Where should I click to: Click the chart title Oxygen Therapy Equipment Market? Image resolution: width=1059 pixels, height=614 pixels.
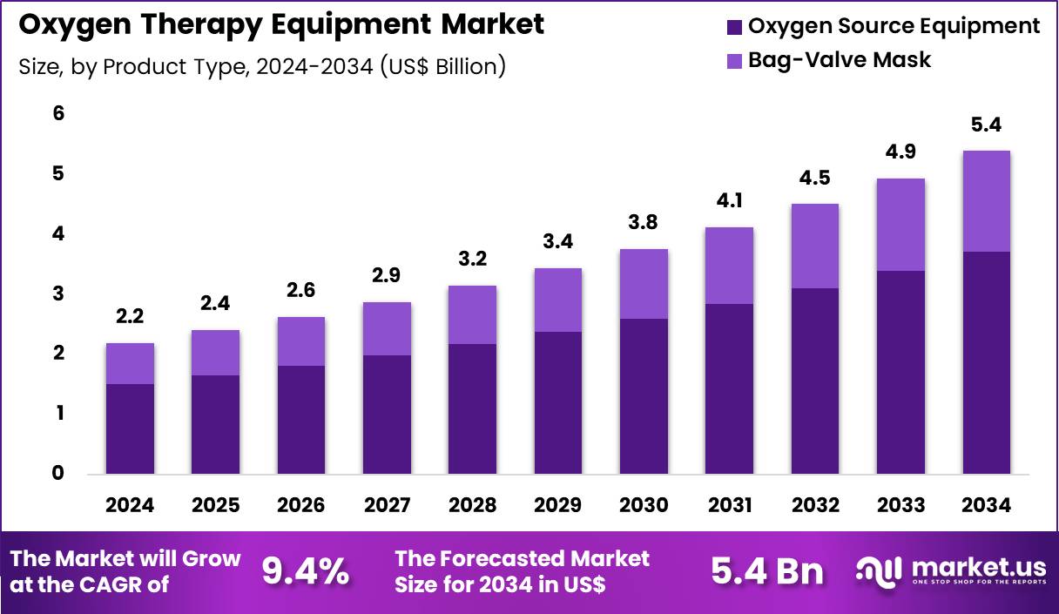point(280,24)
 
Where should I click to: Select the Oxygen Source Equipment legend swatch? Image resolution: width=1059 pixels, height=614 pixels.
point(735,27)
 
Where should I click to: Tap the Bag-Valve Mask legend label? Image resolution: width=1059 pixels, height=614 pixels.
point(840,60)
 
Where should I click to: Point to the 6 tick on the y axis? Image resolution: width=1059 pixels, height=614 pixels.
point(58,113)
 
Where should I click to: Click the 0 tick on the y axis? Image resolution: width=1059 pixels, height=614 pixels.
point(58,473)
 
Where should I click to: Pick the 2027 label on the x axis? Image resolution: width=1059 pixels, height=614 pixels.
point(387,505)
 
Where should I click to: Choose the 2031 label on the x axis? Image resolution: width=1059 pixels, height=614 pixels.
point(729,505)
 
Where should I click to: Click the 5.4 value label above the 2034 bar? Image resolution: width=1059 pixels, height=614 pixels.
point(986,125)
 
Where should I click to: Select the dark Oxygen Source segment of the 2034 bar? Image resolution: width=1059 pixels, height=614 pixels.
point(986,362)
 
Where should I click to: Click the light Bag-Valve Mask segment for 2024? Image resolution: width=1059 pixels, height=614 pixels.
point(130,363)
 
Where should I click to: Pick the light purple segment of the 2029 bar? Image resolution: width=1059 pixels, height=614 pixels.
point(557,300)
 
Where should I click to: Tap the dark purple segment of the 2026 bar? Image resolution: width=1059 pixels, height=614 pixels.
point(301,419)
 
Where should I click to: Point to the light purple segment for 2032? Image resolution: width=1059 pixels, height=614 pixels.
point(814,246)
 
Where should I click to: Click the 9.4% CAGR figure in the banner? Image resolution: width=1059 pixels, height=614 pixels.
point(306,571)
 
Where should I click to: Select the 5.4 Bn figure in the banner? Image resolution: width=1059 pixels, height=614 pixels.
point(766,571)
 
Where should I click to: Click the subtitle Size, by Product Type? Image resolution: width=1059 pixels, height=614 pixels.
point(261,66)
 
